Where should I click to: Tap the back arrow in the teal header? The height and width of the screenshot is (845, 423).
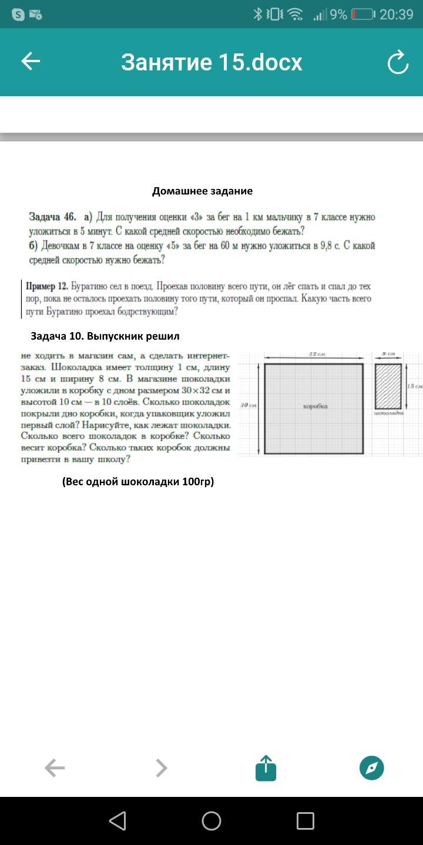[31, 62]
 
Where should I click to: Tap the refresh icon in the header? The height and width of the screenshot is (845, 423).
[398, 62]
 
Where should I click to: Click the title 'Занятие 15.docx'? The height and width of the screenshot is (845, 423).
[211, 62]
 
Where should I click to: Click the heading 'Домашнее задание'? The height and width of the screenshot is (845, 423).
[202, 191]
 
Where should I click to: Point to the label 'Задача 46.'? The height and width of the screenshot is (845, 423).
[53, 217]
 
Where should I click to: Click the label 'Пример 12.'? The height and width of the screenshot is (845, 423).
[47, 286]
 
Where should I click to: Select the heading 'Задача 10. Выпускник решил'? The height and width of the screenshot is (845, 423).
[105, 336]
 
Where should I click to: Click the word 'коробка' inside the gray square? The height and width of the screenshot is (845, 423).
[315, 406]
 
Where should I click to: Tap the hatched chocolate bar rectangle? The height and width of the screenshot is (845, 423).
[388, 386]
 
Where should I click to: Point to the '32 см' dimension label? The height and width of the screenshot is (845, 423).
[317, 354]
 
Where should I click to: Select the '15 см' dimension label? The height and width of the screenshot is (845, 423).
[414, 386]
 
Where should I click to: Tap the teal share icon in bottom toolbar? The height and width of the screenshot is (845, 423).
[266, 768]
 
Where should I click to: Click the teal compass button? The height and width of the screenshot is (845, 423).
[371, 768]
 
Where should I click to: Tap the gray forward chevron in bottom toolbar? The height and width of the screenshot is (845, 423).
[161, 768]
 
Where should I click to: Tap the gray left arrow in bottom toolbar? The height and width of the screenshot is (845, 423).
[55, 768]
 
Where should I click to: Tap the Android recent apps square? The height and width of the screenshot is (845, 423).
[305, 821]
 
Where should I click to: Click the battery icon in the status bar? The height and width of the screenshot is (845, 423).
[362, 15]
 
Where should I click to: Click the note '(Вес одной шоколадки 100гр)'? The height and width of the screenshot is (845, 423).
[138, 482]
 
